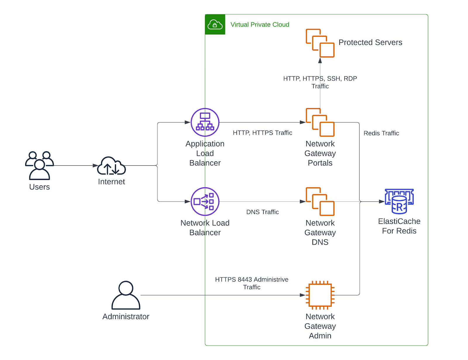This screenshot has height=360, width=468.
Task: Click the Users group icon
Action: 39,165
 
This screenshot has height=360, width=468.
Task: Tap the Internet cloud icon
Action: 111,166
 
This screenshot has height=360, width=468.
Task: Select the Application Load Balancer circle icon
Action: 205,122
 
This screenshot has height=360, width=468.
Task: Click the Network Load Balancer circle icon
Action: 205,201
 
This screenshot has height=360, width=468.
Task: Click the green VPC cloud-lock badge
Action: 215,25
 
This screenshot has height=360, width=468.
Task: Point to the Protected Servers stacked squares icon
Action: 320,43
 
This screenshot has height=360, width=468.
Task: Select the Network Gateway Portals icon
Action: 320,122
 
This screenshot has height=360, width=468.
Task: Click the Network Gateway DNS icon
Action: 320,201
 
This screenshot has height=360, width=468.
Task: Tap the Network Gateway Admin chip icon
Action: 320,295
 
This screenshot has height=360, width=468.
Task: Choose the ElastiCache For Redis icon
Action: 399,201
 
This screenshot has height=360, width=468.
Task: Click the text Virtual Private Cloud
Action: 260,25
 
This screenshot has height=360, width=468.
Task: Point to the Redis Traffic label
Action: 381,133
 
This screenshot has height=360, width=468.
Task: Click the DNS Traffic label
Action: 262,212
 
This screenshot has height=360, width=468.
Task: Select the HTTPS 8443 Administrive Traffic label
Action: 252,283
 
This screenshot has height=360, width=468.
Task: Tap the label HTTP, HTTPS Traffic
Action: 262,133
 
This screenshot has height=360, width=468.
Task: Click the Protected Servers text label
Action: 370,42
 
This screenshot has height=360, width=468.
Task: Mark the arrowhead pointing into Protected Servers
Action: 320,61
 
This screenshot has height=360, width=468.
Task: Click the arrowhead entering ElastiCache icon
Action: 381,201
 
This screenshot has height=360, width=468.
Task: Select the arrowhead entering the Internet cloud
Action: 95,166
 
